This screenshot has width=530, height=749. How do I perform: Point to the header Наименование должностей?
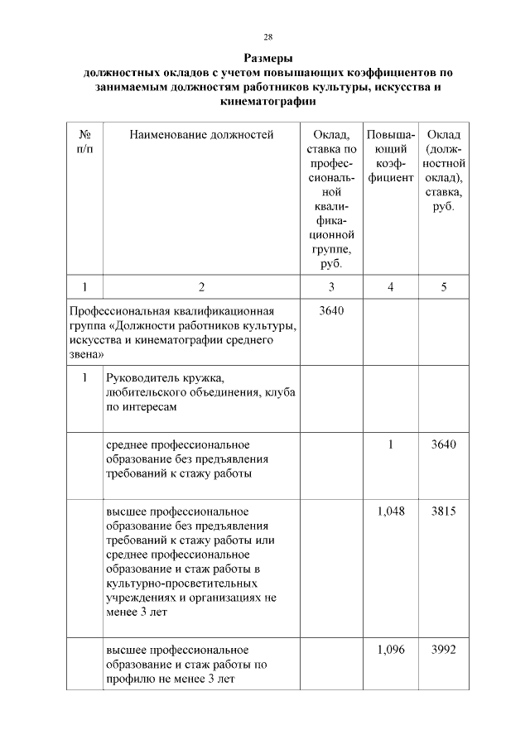(200, 135)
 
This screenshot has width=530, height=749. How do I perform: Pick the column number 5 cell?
(444, 287)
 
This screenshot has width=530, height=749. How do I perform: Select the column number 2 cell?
(200, 287)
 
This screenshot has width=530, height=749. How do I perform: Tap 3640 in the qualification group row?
(330, 311)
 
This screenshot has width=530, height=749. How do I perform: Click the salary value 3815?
(444, 511)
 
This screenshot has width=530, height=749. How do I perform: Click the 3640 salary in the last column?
(444, 444)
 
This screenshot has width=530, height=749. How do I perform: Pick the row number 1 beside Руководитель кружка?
(84, 377)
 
